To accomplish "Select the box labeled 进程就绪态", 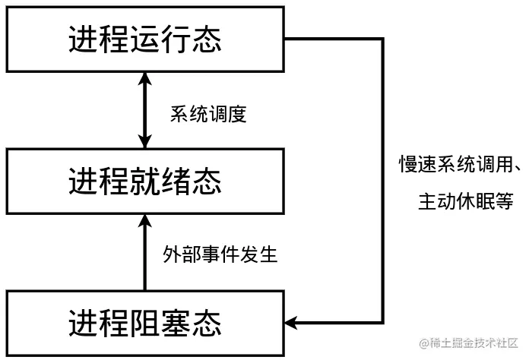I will pos(144,182).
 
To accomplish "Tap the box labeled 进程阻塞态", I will pos(144,323).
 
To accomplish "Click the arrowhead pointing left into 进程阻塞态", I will pos(292,323).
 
